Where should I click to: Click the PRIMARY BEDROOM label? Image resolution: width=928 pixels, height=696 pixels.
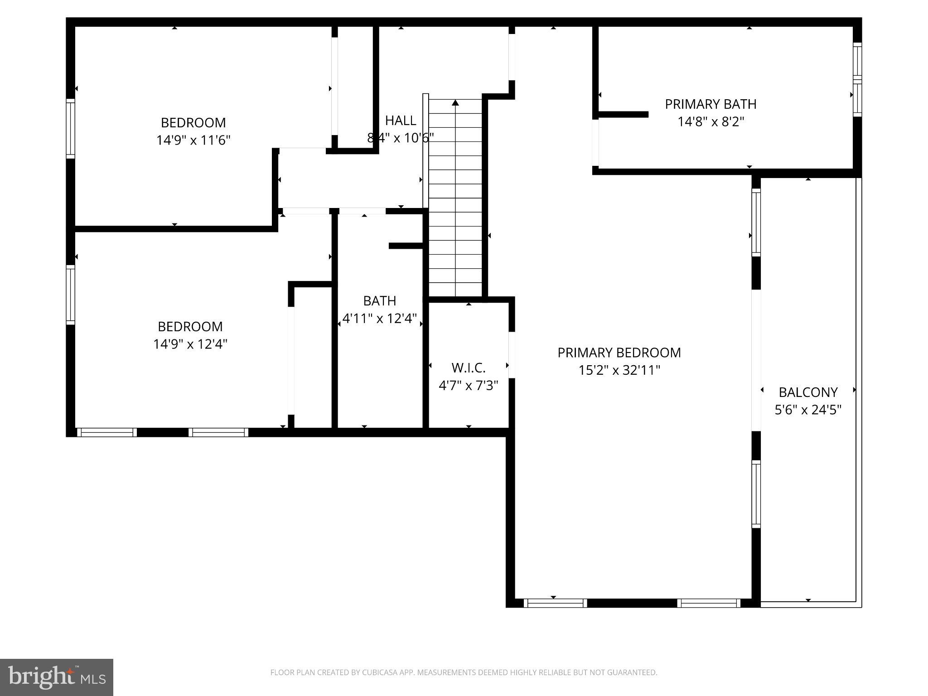pos(619,353)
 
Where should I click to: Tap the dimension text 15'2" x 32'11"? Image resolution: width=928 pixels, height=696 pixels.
pos(619,370)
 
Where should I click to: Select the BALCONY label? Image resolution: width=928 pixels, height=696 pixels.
pos(808,392)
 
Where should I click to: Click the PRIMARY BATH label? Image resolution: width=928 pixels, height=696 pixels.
pos(710,104)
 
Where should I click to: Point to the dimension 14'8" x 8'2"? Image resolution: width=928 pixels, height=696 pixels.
pos(710,122)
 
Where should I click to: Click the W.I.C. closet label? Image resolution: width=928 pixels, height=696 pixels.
pos(469,367)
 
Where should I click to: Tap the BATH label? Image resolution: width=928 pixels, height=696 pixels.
pos(380,301)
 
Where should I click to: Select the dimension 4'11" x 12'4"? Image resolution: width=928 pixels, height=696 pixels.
pos(380,319)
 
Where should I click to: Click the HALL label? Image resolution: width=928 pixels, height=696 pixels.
pos(401,121)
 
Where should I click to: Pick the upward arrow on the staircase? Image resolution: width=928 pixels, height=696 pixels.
pos(455,103)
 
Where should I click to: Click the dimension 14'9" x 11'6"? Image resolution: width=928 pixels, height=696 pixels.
pos(193,140)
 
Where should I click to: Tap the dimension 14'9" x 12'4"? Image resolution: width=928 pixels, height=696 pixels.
pos(190,344)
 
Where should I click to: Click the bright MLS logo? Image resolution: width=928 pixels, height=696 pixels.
pos(57,677)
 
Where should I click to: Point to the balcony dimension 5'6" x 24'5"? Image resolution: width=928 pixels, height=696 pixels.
pos(808,410)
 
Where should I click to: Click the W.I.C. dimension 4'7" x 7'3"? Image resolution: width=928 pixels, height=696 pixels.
pos(469,385)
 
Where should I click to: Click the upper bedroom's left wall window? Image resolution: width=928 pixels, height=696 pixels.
pos(70,129)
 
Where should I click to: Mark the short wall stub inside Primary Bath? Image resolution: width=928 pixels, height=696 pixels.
pos(623,115)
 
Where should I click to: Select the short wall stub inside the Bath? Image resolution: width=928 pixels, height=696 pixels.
pos(406,246)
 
